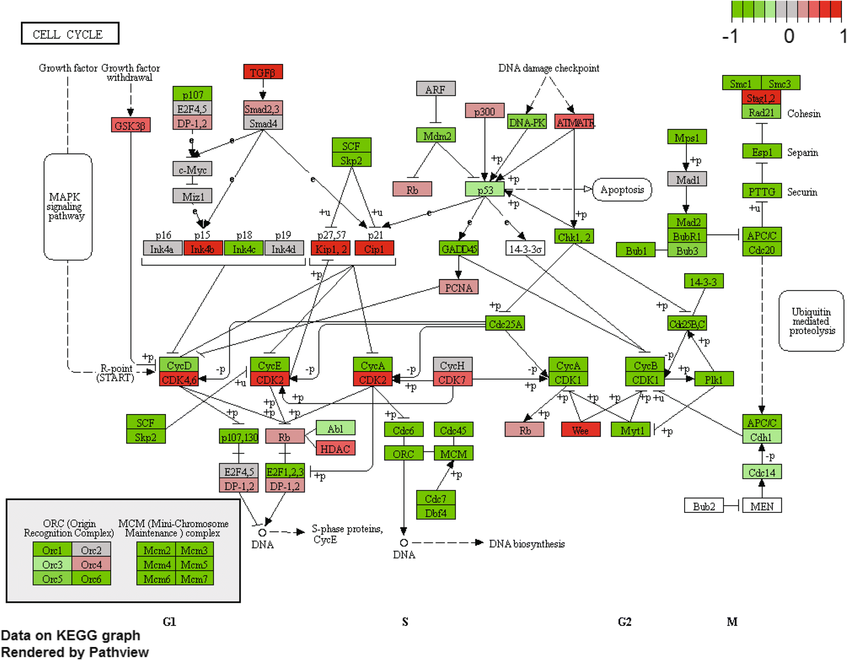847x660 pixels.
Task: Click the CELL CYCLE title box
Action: [x=70, y=34]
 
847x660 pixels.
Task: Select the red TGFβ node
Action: [x=263, y=72]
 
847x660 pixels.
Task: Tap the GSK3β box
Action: [x=131, y=125]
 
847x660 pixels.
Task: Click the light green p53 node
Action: [x=484, y=190]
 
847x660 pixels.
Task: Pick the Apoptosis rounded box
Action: [x=622, y=190]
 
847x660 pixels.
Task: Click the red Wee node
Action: [x=580, y=430]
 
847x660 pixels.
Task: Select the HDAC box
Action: [x=335, y=448]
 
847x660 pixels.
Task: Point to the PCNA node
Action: [x=458, y=287]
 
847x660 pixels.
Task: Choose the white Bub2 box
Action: [x=704, y=506]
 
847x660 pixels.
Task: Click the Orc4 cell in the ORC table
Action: [x=91, y=564]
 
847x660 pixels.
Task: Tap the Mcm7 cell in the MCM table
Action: [x=194, y=579]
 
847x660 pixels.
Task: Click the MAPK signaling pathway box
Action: [x=67, y=206]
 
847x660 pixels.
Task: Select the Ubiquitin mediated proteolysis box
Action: [x=811, y=321]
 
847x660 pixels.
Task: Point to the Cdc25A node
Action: [x=505, y=324]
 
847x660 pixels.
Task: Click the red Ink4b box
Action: [x=203, y=249]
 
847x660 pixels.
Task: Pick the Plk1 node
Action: [x=714, y=379]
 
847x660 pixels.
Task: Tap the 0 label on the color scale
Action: [x=789, y=36]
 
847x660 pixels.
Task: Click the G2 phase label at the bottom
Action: [x=624, y=621]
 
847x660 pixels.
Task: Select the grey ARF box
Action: [x=435, y=89]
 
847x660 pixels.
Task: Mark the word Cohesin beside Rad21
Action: [x=803, y=114]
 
